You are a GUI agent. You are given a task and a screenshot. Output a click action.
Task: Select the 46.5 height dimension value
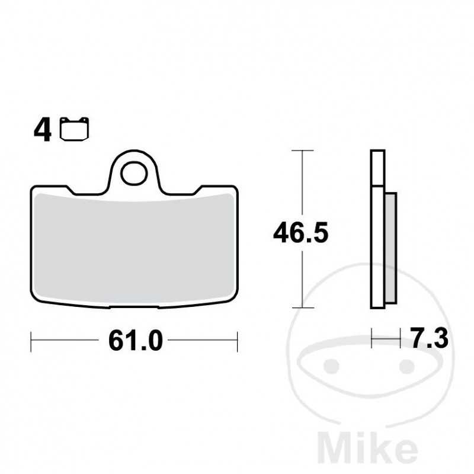[x=300, y=233]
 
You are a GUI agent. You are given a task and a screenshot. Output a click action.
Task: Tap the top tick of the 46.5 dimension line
[x=303, y=152]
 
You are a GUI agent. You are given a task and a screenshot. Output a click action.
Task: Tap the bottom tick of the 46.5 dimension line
[x=303, y=308]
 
